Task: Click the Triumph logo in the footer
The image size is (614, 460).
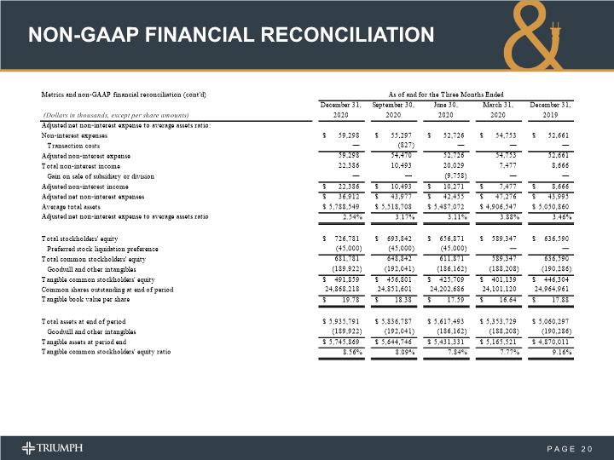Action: tap(53, 448)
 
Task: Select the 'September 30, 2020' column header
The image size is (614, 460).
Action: tap(393, 109)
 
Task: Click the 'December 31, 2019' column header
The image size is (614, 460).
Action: tap(551, 109)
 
